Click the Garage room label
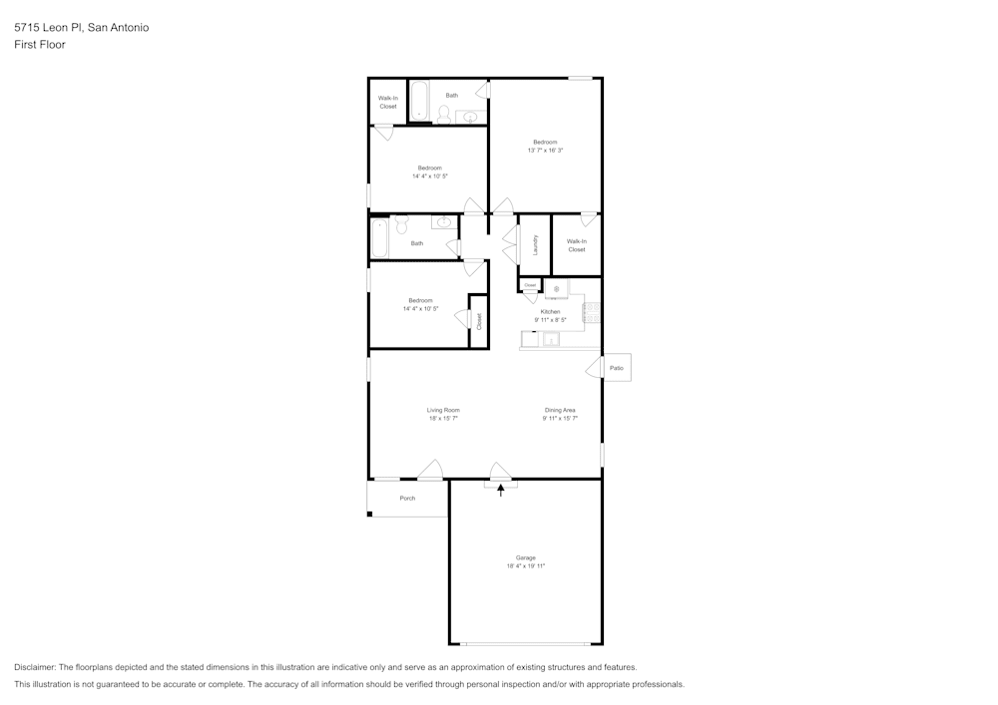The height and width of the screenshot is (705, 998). coord(525,557)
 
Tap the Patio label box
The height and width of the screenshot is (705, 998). coord(617,368)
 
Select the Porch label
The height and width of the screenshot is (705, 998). coord(407,498)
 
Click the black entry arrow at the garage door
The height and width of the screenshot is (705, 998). coord(501,490)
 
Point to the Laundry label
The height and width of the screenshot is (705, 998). coord(536,244)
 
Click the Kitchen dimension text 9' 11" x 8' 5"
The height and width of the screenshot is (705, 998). coord(550,320)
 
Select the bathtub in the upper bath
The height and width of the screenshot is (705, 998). coord(419,102)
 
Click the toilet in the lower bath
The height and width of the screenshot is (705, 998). coord(402,223)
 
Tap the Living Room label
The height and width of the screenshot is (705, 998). coord(443,410)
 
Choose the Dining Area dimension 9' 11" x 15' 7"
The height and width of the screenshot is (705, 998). coord(560,419)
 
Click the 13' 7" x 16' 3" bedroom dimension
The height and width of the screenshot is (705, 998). coord(545,151)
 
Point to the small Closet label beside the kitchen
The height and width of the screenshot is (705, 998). coord(530,285)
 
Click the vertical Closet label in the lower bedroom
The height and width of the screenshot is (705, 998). coord(479,321)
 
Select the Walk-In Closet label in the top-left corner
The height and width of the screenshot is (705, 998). coord(387,102)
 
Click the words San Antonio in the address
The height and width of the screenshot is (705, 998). coord(119,28)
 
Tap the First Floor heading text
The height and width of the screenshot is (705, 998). coord(40,45)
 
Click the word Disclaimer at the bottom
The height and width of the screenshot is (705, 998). coord(35,667)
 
